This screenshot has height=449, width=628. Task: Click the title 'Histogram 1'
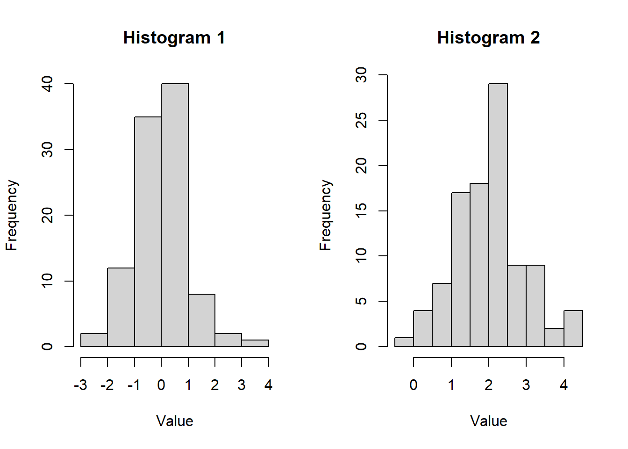point(174,38)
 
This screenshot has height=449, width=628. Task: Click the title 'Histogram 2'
point(488,38)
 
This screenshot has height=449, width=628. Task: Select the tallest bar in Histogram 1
point(175,215)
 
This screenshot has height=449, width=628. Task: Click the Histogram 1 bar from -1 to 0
point(148,232)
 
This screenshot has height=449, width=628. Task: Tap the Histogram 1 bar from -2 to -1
point(121,307)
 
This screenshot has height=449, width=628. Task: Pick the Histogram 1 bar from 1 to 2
point(201,320)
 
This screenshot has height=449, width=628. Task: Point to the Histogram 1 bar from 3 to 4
point(255,343)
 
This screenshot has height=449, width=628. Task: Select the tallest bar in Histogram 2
point(498,215)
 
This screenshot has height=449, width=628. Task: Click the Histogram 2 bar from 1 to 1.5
point(460,269)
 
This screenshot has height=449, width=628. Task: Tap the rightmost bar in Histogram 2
point(573,328)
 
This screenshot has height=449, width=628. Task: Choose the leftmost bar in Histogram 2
point(404,342)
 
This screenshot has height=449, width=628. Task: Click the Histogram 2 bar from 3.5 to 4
point(554,338)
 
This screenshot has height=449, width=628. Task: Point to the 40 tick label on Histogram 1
point(47,84)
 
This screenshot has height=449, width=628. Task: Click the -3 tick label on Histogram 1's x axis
point(80,385)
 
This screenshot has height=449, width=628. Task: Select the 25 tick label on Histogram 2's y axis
point(361,121)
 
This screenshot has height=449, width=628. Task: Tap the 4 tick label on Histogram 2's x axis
point(564,385)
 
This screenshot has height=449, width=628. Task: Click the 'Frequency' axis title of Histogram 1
point(12,215)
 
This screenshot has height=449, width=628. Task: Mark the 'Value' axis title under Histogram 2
point(488,421)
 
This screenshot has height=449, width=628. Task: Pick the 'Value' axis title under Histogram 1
point(174,421)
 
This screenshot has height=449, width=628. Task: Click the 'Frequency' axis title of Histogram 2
point(325,215)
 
